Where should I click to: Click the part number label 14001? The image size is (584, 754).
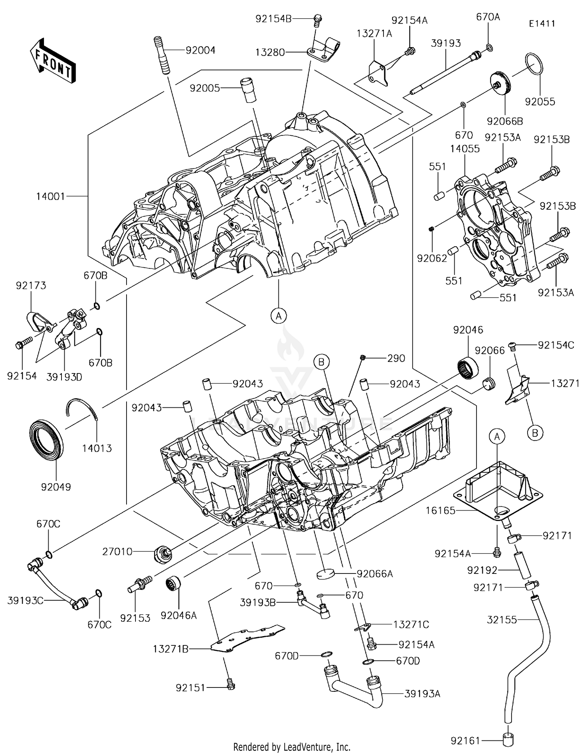(51, 196)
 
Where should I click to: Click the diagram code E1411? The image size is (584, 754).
(542, 23)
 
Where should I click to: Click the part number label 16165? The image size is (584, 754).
(440, 510)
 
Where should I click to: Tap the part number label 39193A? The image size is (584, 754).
(422, 694)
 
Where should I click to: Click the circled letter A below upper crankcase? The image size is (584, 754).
(279, 316)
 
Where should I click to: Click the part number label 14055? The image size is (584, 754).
(465, 149)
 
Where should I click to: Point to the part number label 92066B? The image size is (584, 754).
(505, 121)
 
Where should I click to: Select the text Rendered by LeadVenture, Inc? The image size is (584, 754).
(292, 747)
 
